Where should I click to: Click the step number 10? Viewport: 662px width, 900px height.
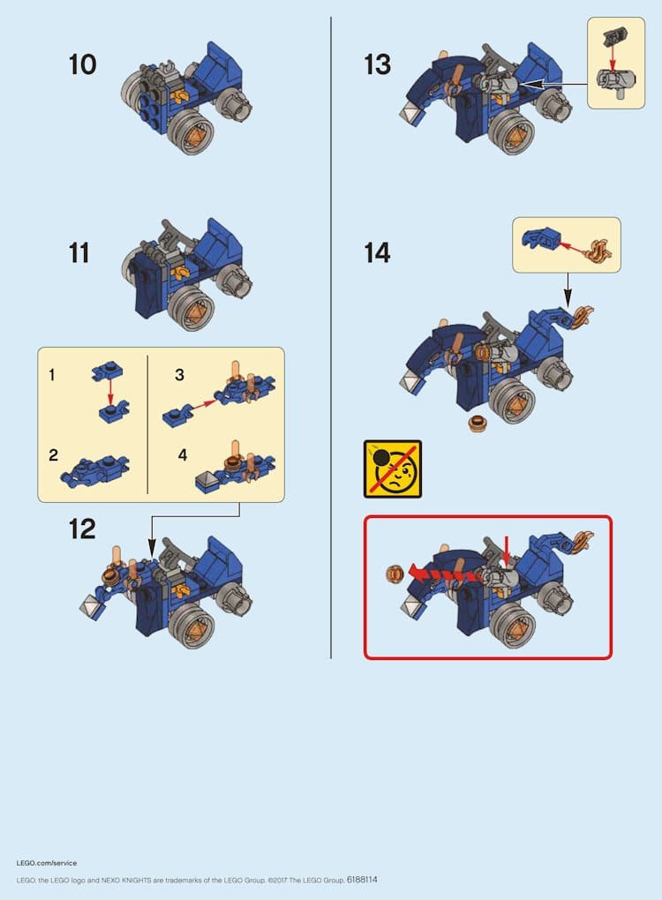coord(83,64)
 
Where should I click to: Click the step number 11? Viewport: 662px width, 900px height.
coord(79,252)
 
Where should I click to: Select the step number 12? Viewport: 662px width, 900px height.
coord(82,529)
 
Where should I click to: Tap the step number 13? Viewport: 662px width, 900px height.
coord(377,64)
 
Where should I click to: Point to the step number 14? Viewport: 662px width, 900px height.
coord(377,252)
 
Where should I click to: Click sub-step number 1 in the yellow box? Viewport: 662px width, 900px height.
coord(52,375)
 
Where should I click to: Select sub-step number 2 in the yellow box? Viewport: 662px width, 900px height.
coord(53,455)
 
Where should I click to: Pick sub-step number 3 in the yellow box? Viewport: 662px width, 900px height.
coord(180,375)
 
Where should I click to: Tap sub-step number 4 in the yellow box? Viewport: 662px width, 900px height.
coord(183,455)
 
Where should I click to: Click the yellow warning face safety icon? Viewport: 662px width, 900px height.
coord(393,469)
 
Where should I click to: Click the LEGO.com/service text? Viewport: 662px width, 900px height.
coord(47,863)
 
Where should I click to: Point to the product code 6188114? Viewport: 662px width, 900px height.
coord(362,880)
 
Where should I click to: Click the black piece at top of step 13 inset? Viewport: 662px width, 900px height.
coord(615,38)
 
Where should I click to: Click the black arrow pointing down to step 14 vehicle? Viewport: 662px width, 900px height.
coord(568,290)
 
